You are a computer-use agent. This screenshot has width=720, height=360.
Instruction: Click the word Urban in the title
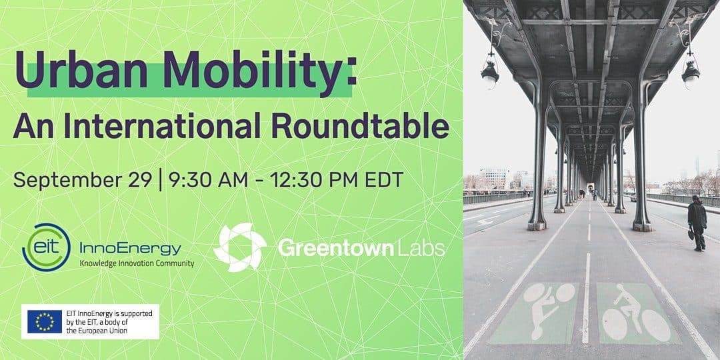(x=81, y=70)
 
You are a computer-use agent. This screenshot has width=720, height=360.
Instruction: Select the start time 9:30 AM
(x=208, y=179)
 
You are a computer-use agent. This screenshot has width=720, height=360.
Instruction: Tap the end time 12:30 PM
(x=313, y=179)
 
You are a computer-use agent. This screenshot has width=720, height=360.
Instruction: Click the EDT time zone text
(x=384, y=179)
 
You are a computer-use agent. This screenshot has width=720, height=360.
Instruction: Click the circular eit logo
(x=46, y=247)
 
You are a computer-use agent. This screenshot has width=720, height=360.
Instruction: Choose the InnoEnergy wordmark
(x=131, y=249)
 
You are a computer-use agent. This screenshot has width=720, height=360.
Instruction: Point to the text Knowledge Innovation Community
(x=137, y=263)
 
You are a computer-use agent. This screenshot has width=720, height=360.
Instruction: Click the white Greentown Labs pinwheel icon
(x=240, y=247)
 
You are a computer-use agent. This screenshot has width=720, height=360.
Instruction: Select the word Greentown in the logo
(x=336, y=248)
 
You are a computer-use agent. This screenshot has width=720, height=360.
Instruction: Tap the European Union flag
(x=45, y=321)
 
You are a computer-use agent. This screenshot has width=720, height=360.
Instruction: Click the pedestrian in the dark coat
(x=697, y=223)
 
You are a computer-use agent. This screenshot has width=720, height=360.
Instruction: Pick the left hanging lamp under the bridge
(x=490, y=73)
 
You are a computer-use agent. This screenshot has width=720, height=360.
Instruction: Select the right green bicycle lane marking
(x=637, y=312)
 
